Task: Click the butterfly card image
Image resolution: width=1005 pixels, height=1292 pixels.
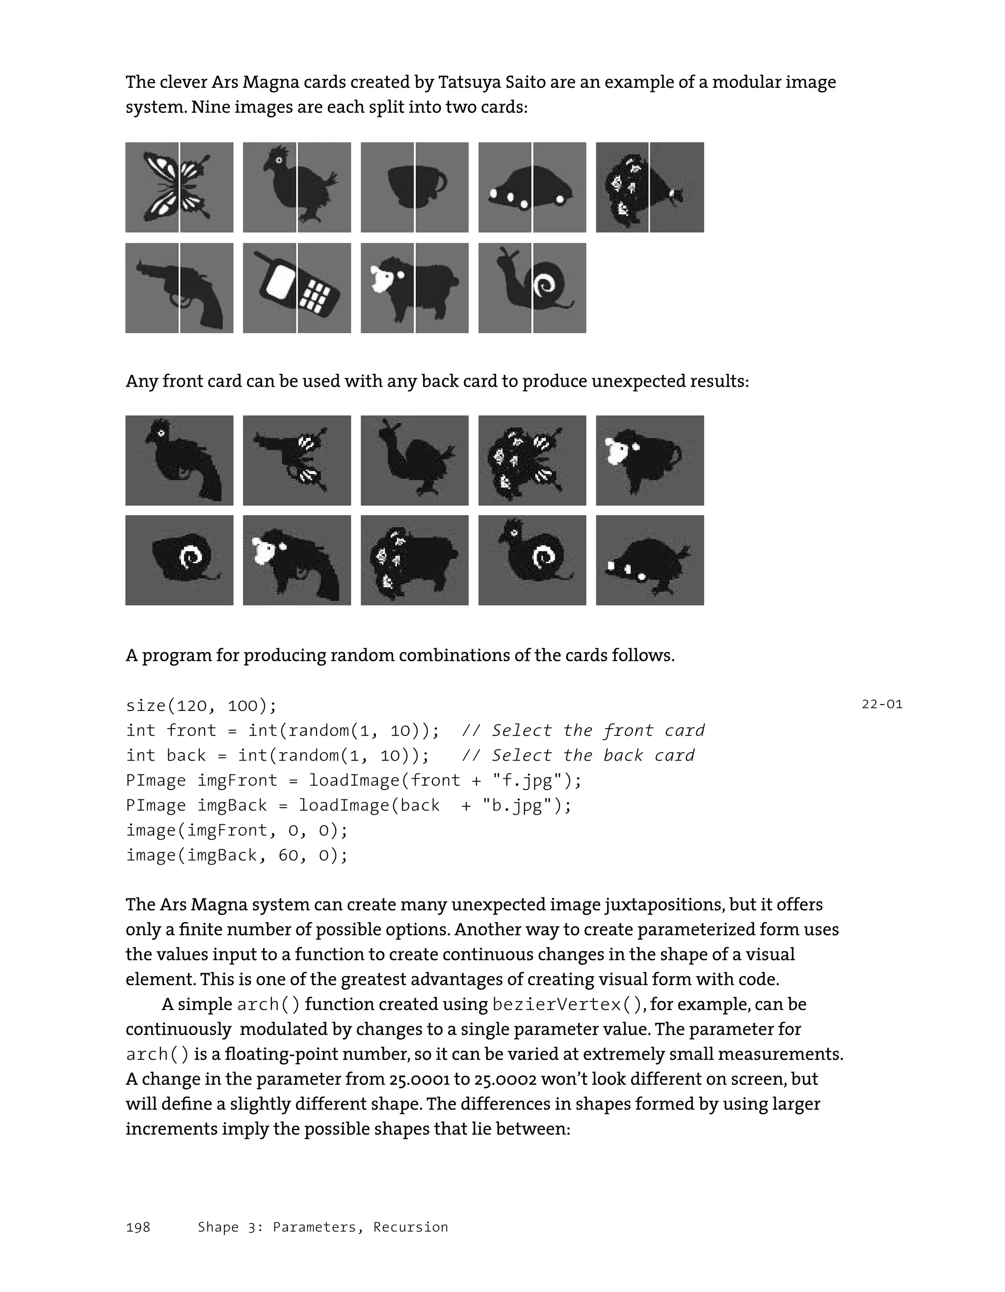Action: [179, 187]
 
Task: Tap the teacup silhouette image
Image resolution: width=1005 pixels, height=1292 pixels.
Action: [414, 187]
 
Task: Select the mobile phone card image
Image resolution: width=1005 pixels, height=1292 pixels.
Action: [297, 288]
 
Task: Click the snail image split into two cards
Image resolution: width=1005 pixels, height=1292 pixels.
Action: [532, 288]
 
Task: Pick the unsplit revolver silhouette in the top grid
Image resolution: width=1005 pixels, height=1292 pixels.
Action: [179, 288]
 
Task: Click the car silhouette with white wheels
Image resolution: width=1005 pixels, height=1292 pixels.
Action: [532, 187]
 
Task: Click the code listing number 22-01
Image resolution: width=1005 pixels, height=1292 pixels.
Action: [881, 704]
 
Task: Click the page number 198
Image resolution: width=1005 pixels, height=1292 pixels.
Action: [138, 1228]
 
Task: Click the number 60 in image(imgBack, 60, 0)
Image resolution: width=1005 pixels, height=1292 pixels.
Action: [288, 855]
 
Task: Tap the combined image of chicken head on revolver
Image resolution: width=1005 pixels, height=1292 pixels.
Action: [179, 460]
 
